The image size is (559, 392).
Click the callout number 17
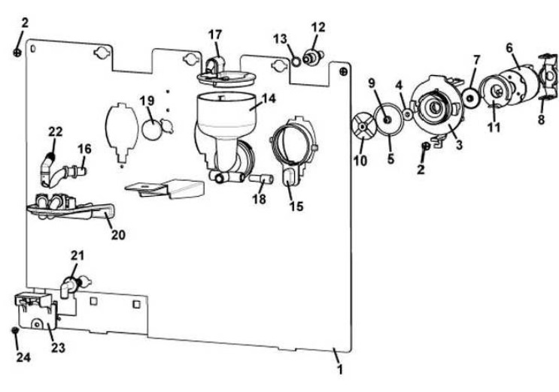(x=215, y=35)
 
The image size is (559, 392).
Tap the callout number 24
(x=23, y=357)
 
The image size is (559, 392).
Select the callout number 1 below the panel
(x=340, y=369)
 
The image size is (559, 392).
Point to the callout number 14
(x=269, y=98)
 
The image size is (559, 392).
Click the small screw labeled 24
(x=15, y=330)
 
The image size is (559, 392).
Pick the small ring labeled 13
(x=296, y=62)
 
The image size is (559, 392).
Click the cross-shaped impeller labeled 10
(x=362, y=127)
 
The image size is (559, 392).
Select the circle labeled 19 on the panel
(x=153, y=129)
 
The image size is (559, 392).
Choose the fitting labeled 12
(x=313, y=57)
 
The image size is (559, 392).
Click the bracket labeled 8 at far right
(x=548, y=77)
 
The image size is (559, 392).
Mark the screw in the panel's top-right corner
(x=344, y=72)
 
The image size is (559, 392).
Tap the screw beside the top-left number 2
(x=17, y=53)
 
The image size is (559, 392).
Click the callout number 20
(x=118, y=235)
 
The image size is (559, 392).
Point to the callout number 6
(x=509, y=47)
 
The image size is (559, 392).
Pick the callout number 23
(x=58, y=347)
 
